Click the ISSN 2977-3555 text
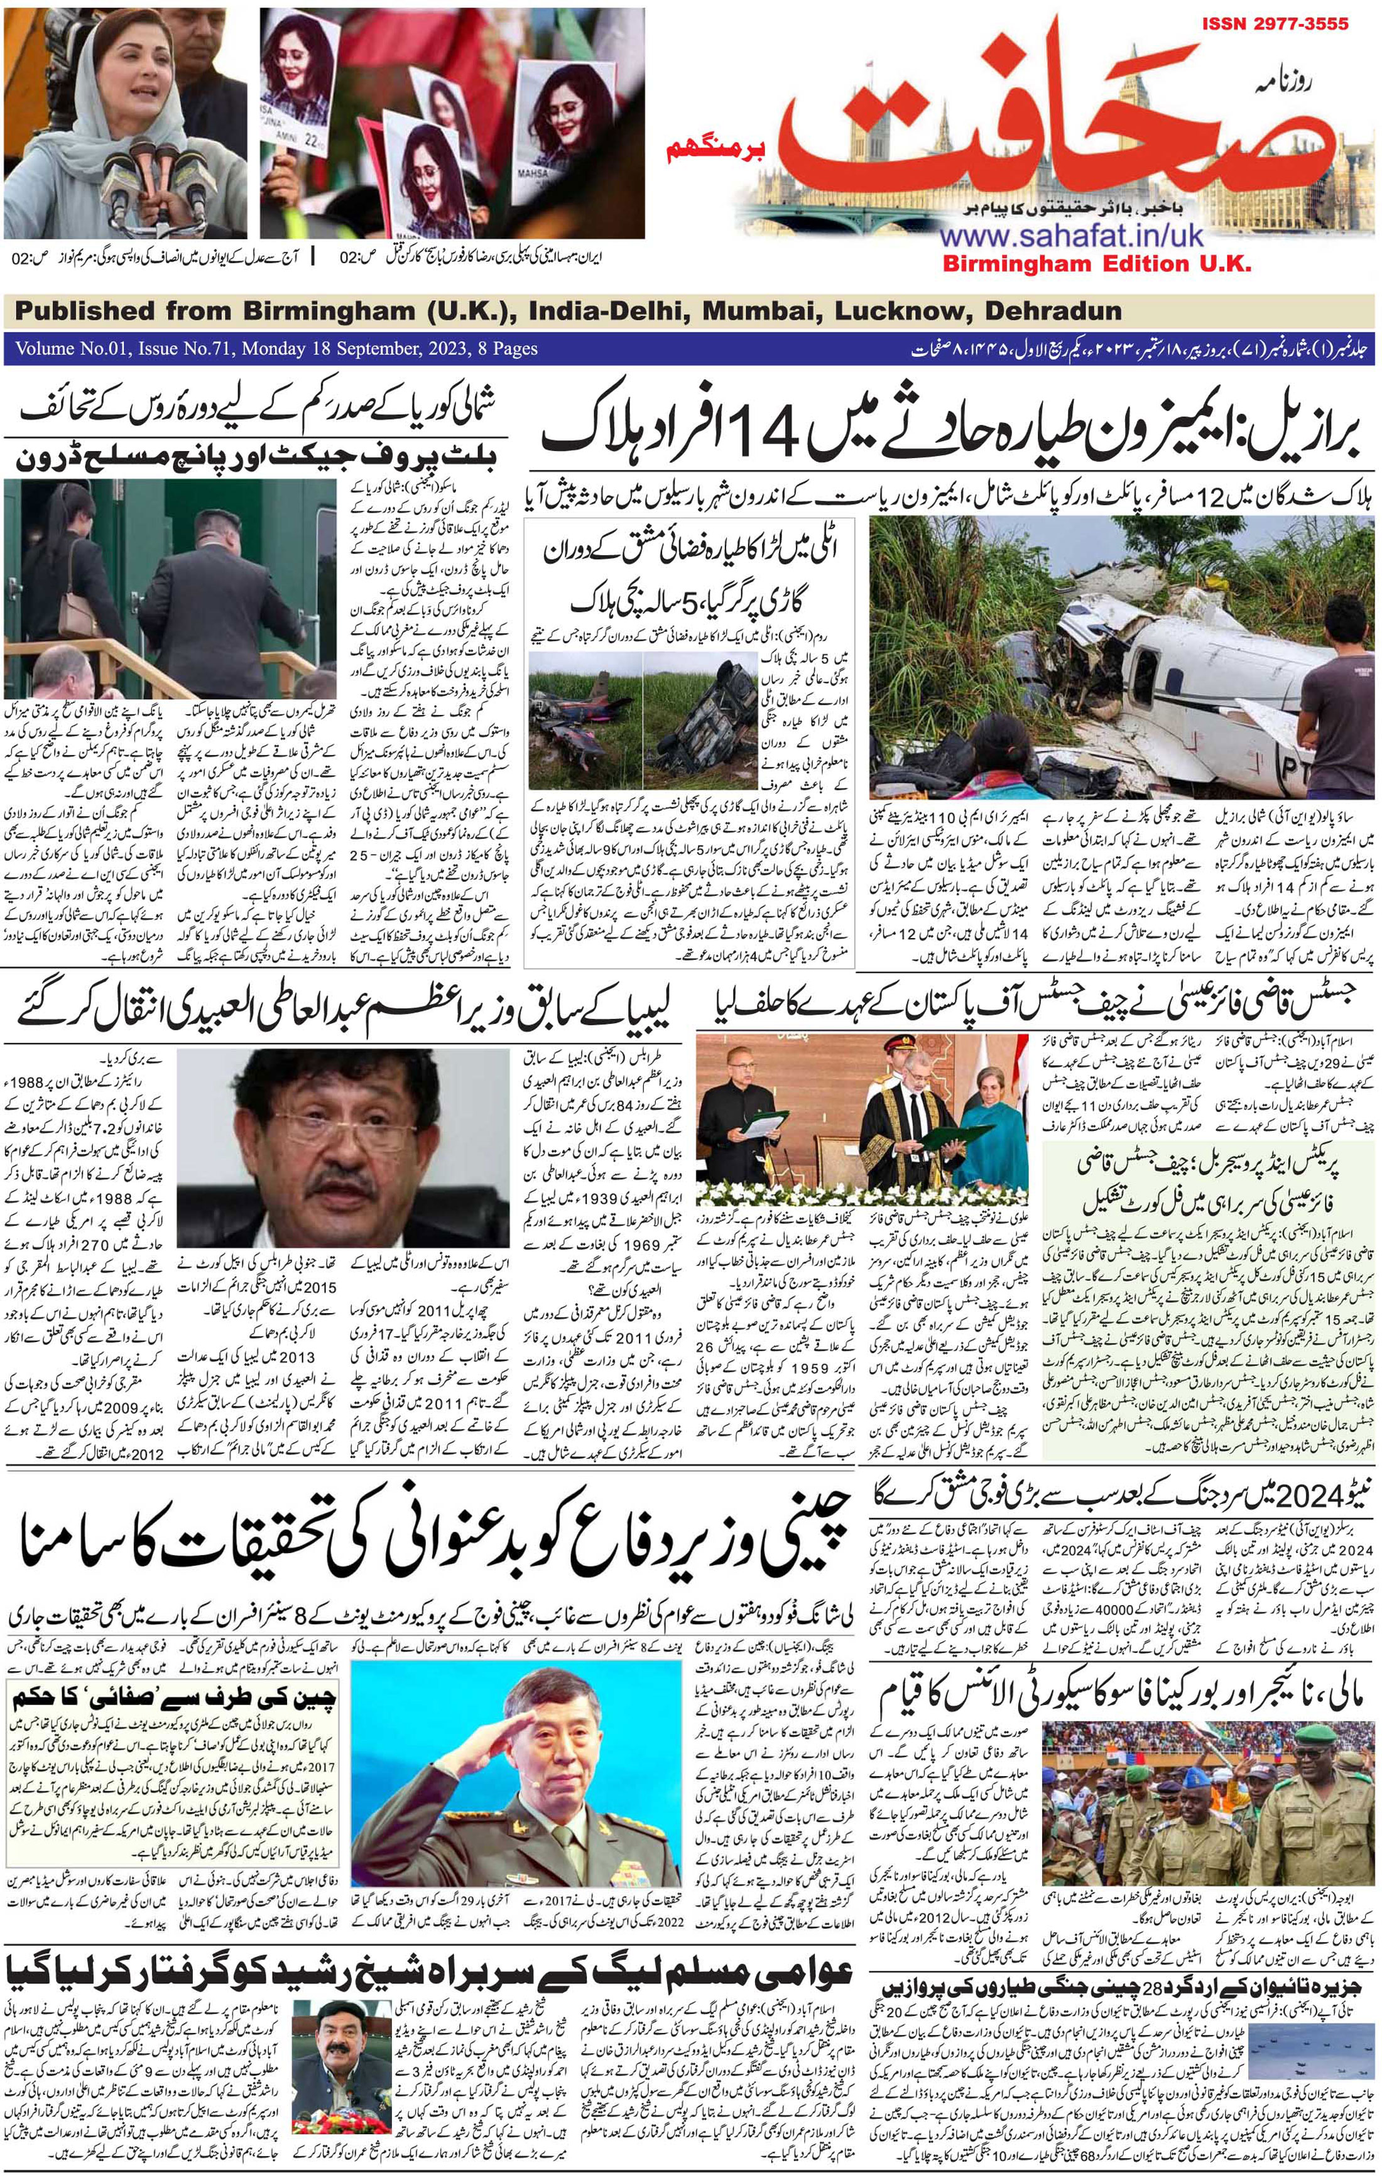(x=1275, y=23)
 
